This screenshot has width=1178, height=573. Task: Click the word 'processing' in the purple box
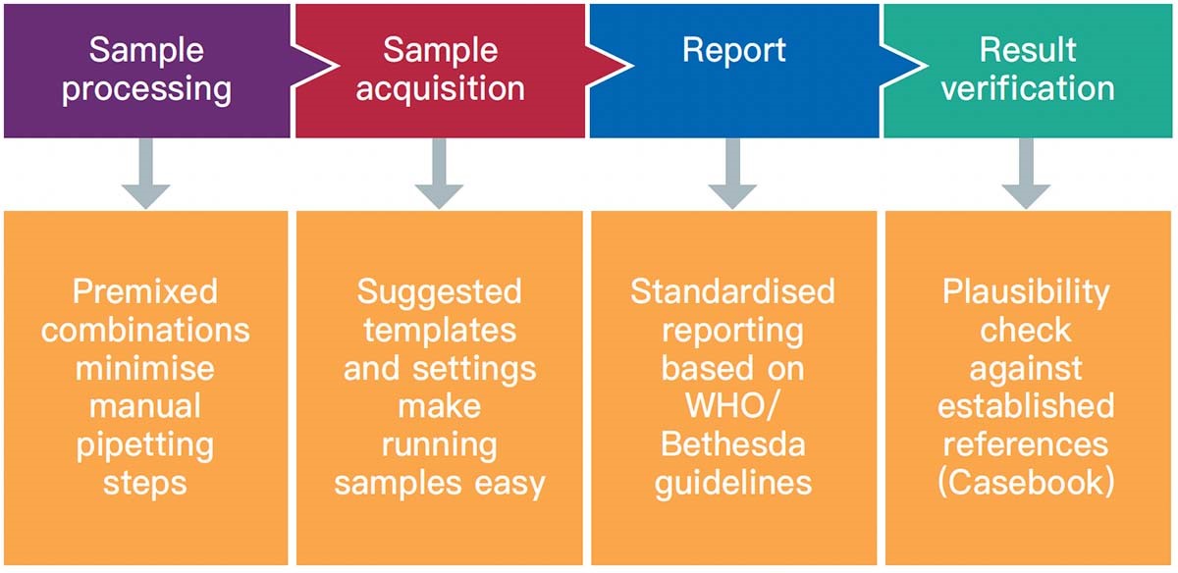tap(146, 89)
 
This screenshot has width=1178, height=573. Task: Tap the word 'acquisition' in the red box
tap(440, 89)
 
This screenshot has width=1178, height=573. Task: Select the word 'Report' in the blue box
tap(734, 50)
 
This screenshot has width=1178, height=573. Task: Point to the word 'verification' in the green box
tap(1028, 87)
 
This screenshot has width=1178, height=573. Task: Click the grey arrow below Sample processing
tap(145, 174)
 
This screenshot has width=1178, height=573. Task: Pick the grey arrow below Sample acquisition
tap(439, 174)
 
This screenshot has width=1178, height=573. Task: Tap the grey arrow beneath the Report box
tap(732, 174)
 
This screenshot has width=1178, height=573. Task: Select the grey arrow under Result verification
tap(1026, 174)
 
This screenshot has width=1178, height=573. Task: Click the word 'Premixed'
tap(145, 291)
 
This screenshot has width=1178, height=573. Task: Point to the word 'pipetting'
tap(145, 446)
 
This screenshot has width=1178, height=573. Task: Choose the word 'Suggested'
tap(439, 293)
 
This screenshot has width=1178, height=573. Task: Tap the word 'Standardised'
tap(732, 291)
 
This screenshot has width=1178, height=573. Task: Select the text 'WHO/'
tap(732, 406)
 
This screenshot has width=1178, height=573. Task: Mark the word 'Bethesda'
tap(732, 444)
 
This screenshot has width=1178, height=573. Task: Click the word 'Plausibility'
tap(1026, 293)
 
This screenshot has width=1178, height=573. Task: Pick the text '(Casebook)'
tap(1026, 483)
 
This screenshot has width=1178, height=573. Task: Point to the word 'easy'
tap(510, 486)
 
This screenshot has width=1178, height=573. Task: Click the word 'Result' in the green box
tap(1028, 50)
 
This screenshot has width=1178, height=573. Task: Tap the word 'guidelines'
tap(733, 485)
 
